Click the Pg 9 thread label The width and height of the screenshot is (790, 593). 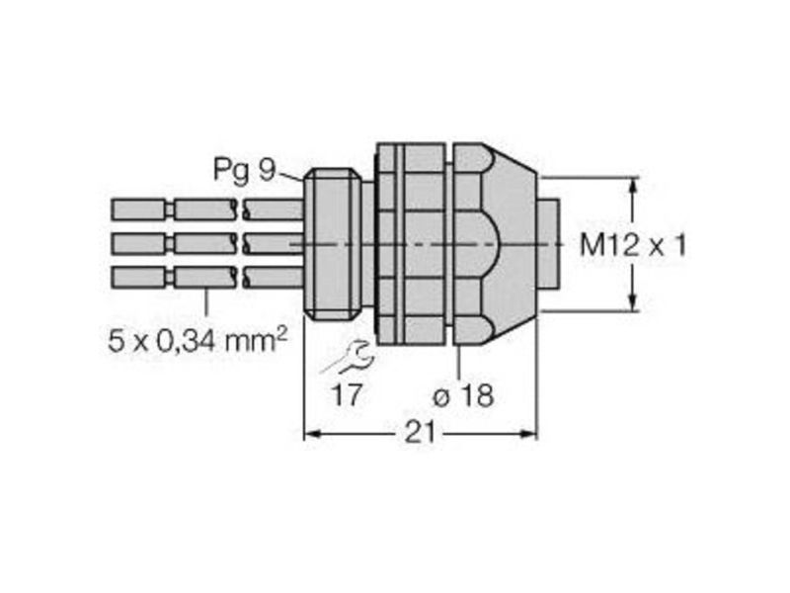point(245,170)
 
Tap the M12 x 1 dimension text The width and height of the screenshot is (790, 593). point(633,246)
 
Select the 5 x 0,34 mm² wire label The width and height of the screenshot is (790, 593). point(197,340)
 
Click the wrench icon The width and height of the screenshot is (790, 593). point(348,358)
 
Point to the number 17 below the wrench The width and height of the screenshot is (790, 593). point(348,394)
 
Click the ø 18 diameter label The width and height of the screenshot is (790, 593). point(463,396)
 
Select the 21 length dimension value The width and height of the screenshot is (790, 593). point(420,433)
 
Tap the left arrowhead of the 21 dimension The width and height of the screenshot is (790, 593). point(312,433)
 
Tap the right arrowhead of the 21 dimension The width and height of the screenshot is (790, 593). point(529,433)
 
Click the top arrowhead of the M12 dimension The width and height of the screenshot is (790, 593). point(634,186)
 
